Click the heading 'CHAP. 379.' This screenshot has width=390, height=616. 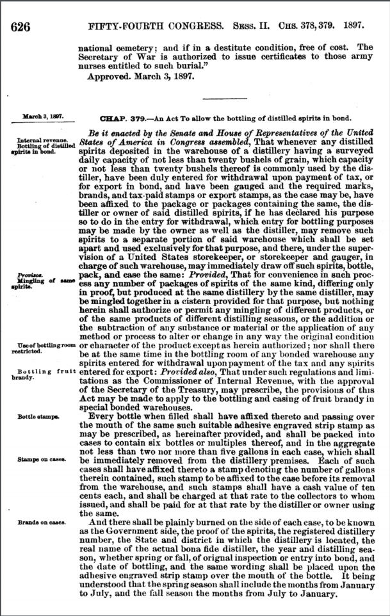[118, 119]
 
